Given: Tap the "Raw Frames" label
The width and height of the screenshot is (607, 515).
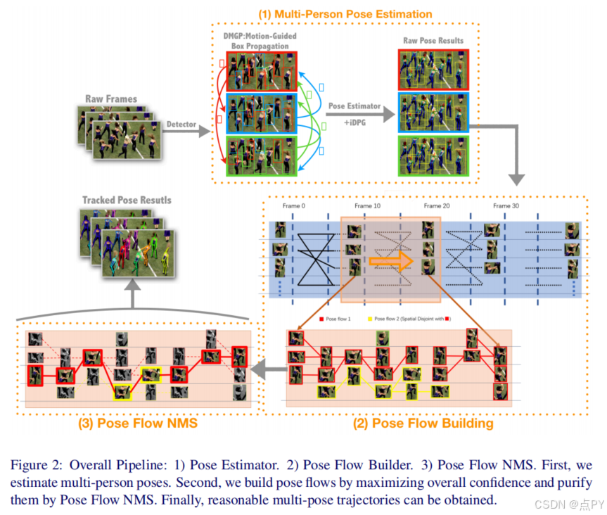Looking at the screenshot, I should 111,98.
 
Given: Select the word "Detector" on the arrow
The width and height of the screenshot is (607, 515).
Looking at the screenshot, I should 181,125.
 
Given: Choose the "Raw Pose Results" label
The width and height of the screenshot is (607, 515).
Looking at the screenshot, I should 433,41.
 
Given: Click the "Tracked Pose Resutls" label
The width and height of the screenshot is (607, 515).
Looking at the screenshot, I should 127,201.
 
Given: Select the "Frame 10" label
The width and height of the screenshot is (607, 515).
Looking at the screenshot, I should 369,206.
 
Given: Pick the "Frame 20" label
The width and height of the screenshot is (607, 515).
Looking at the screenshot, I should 437,206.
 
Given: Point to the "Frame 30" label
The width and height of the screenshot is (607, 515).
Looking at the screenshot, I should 506,206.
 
